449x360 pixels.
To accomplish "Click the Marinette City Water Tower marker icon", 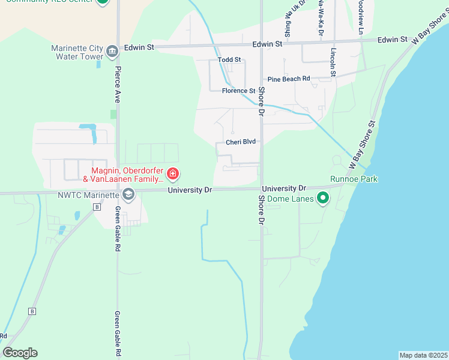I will pyautogui.click(x=112, y=52).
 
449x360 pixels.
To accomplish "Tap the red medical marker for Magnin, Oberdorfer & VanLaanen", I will pyautogui.click(x=173, y=175).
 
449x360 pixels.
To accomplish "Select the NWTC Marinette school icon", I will pyautogui.click(x=128, y=194).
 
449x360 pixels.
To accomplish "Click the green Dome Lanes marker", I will pyautogui.click(x=323, y=198).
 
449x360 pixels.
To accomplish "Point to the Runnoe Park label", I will pyautogui.click(x=354, y=179).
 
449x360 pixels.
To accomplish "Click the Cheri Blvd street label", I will pyautogui.click(x=241, y=142).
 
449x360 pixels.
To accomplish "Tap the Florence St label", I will pyautogui.click(x=238, y=91).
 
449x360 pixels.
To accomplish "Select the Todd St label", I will pyautogui.click(x=229, y=60).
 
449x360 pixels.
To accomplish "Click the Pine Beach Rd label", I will pyautogui.click(x=289, y=79).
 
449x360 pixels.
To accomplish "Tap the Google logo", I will pyautogui.click(x=20, y=353).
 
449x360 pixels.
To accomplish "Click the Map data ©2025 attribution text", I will pyautogui.click(x=423, y=355).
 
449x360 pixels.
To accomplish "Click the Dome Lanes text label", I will pyautogui.click(x=291, y=199).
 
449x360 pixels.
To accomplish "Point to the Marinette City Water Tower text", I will pyautogui.click(x=77, y=52).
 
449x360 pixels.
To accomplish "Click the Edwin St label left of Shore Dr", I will pyautogui.click(x=139, y=47).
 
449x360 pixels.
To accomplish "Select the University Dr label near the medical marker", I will pyautogui.click(x=190, y=190).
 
